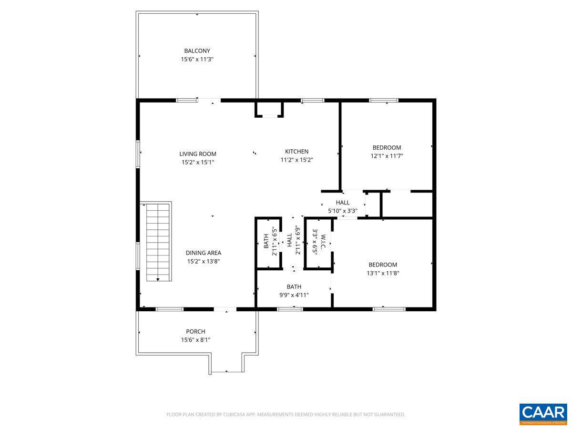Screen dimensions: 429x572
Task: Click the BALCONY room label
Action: tap(197, 51)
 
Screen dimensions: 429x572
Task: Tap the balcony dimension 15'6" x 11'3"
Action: tap(197, 60)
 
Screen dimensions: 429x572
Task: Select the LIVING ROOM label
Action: tap(197, 154)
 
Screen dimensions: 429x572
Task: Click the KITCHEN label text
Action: tap(296, 152)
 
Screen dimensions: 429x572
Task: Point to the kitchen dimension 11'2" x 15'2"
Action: tap(296, 160)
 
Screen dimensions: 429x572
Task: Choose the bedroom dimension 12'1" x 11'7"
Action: tap(387, 156)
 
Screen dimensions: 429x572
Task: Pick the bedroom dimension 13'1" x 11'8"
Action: tap(383, 273)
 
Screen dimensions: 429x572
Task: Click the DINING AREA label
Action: tap(203, 253)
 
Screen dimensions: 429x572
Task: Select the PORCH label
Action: tap(195, 332)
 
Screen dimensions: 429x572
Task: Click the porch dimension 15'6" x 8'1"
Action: tap(195, 340)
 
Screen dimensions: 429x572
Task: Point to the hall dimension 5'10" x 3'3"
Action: tap(342, 211)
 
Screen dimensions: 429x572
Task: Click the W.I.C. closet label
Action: tap(323, 243)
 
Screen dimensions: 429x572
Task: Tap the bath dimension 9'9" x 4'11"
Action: tap(294, 295)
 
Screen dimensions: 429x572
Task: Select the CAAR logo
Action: tap(543, 413)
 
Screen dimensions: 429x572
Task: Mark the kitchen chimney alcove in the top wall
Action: tap(269, 109)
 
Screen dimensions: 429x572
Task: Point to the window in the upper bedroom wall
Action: tap(384, 101)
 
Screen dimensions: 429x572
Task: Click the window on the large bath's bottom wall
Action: tap(290, 309)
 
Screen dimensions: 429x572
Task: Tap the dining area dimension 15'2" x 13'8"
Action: tap(203, 261)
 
